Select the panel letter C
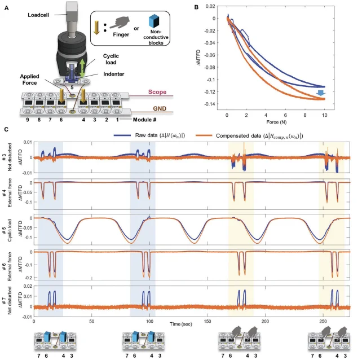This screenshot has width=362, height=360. coord(6,130)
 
